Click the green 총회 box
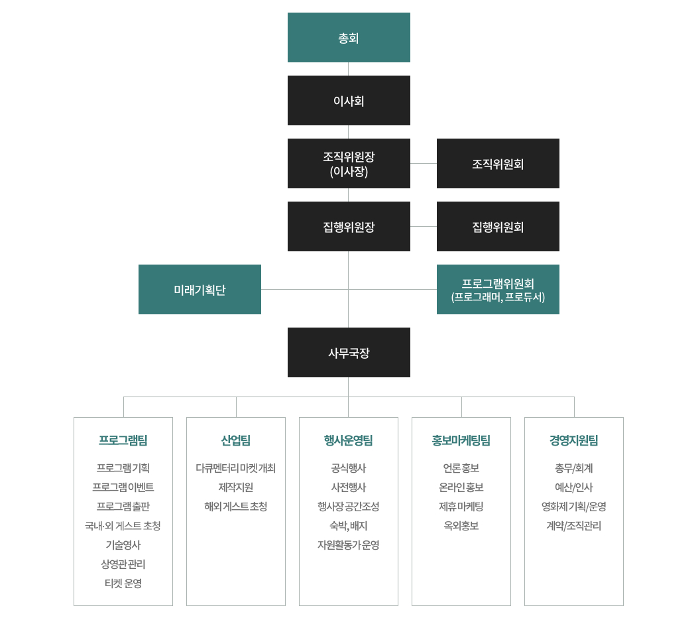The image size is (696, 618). pos(349,37)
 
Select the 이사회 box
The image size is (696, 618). pos(349,100)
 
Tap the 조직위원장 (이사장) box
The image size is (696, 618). pos(349,163)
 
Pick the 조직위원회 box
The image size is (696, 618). pos(498,163)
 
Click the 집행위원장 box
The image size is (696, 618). pos(349,226)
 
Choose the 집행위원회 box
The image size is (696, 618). pos(498,226)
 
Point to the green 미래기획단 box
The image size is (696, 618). pos(200,290)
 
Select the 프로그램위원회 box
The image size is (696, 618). pos(498,290)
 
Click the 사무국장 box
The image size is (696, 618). pos(349,353)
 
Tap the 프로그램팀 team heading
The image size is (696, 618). pos(123,440)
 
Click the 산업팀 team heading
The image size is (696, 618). pos(236,440)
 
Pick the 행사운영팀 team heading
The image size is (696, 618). pos(349,440)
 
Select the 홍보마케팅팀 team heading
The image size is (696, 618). pos(461,440)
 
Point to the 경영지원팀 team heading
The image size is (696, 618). pos(574,440)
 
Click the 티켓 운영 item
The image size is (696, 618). pos(123,584)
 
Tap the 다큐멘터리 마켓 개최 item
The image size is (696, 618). pos(236,468)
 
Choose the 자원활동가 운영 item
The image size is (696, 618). pos(349,545)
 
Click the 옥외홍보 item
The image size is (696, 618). pos(461,526)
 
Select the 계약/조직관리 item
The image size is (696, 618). pos(574,526)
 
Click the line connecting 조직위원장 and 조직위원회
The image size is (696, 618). pos(424,163)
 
